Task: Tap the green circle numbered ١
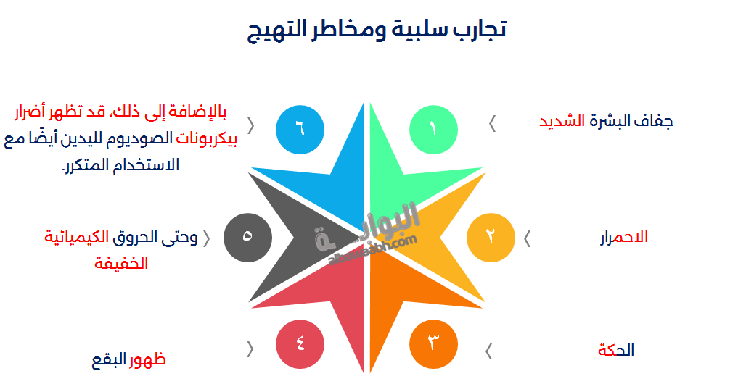tap(433, 129)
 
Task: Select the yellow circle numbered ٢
tap(491, 236)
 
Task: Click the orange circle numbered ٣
tap(433, 342)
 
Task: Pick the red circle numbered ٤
tap(300, 342)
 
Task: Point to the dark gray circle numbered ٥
tap(247, 237)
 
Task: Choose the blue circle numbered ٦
tap(300, 129)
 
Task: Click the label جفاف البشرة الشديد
tap(605, 121)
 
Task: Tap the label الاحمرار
tap(624, 237)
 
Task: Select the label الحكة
tap(616, 351)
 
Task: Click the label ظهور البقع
tap(128, 359)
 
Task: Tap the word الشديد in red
tap(562, 121)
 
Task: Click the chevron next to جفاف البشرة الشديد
tap(493, 124)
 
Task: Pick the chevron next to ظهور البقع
tap(250, 349)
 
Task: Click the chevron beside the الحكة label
tap(488, 351)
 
